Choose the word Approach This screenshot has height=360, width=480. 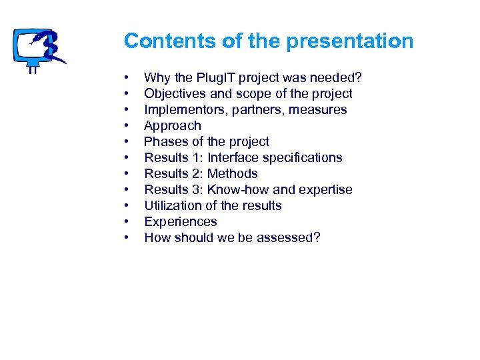point(172,126)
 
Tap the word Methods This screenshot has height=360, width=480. point(233,174)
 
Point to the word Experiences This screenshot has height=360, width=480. point(181,222)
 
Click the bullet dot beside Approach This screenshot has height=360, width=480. point(126,126)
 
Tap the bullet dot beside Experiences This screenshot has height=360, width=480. point(126,222)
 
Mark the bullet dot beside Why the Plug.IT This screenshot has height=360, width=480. point(126,78)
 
